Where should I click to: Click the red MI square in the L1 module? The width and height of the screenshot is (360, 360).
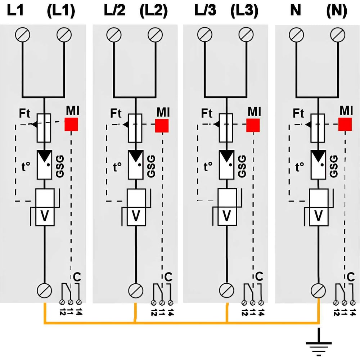coord(71,125)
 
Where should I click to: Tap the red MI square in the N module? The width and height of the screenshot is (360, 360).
coord(345,125)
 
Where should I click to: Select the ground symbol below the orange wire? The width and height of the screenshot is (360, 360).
coord(319,342)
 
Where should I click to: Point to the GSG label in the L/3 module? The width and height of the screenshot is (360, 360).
coord(242,166)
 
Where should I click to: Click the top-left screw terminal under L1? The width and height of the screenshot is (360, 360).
coord(22,35)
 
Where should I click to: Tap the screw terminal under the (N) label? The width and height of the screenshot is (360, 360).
coord(338,35)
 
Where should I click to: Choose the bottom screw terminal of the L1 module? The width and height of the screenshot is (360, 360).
coord(44,290)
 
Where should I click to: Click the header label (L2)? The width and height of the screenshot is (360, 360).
coord(154,11)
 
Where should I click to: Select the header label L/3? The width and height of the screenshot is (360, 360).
coord(205,10)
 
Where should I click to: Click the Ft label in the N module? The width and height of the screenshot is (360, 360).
coord(298,113)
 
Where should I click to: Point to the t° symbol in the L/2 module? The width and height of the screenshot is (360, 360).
coord(117,167)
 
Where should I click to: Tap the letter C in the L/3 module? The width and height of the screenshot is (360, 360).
coord(259,276)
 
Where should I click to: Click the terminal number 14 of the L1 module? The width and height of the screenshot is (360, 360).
coord(78,311)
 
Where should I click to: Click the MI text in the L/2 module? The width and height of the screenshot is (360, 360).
coord(163,112)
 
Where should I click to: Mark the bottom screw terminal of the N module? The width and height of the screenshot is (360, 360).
coord(318,291)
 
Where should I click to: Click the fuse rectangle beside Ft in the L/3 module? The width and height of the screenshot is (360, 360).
coord(226,128)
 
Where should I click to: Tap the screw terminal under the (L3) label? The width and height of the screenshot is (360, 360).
coord(246,35)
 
